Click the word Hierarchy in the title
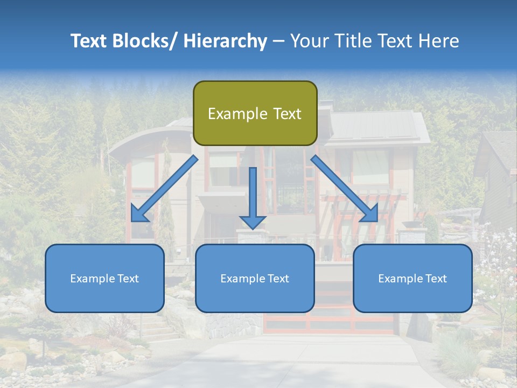coord(225,41)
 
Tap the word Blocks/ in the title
coord(144,41)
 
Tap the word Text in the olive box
coord(287,114)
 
